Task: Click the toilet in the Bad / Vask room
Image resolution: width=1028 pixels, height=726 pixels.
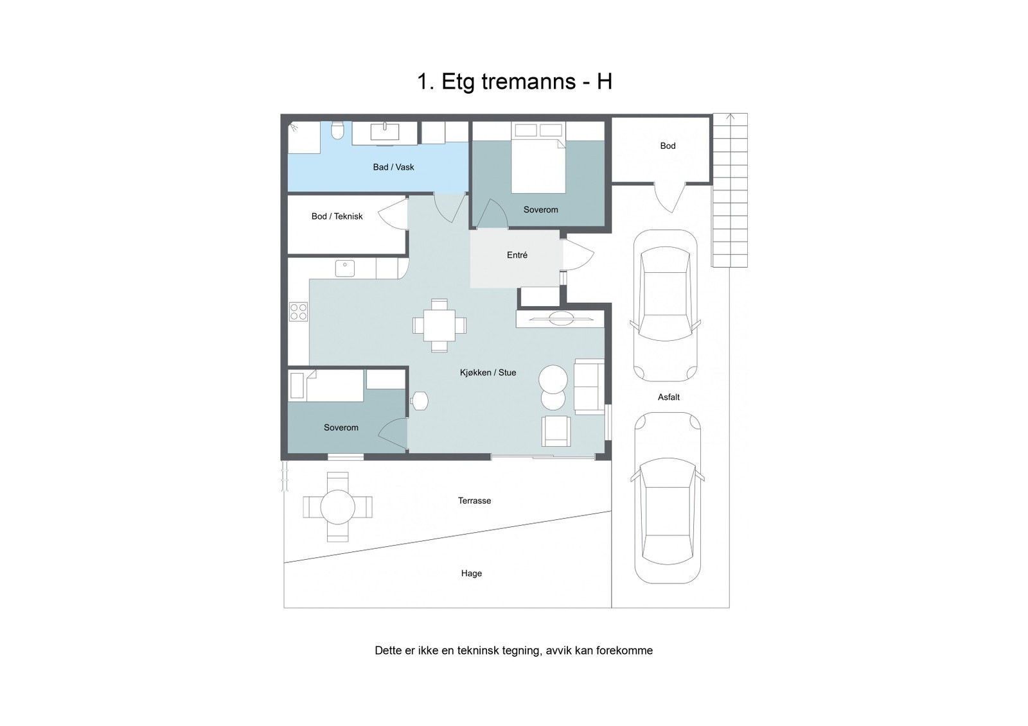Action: click(x=337, y=132)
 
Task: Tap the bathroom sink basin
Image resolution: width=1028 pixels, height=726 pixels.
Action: click(x=385, y=132)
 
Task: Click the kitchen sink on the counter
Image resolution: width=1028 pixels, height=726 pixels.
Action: click(x=345, y=267)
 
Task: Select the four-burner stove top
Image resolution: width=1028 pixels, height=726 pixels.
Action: click(x=299, y=312)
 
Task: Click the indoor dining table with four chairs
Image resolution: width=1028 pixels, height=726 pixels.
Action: click(x=439, y=325)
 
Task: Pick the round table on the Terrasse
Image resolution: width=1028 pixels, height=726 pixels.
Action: click(x=337, y=508)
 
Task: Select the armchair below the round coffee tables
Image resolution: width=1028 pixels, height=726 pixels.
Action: click(x=556, y=431)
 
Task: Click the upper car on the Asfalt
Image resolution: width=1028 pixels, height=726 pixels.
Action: click(x=665, y=306)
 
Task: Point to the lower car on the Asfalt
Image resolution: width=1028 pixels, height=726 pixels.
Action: click(x=668, y=497)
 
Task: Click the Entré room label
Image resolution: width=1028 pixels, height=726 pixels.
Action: click(x=517, y=255)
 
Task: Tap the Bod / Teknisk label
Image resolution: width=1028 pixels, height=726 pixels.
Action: click(x=337, y=216)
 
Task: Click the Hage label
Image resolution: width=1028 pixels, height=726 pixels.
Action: click(x=472, y=573)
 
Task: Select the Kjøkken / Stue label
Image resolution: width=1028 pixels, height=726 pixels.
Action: click(x=488, y=372)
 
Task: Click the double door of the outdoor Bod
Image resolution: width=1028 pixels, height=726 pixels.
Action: click(x=669, y=196)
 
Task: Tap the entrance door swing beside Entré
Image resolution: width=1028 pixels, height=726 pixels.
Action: click(x=578, y=255)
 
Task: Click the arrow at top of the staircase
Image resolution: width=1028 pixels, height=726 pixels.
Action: click(x=730, y=117)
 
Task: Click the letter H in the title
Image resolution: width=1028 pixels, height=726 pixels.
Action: click(x=604, y=82)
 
